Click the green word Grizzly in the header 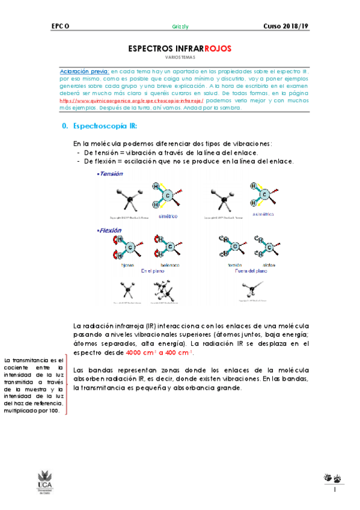[180, 26]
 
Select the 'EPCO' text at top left [61, 26]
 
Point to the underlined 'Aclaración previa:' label [85, 71]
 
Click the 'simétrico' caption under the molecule [168, 215]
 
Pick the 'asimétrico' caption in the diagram [264, 214]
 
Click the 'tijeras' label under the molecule [128, 265]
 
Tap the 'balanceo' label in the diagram [169, 265]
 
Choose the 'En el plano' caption [153, 271]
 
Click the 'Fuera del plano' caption [253, 271]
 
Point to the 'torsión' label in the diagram [234, 265]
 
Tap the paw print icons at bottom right [332, 479]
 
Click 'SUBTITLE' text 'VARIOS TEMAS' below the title [180, 58]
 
